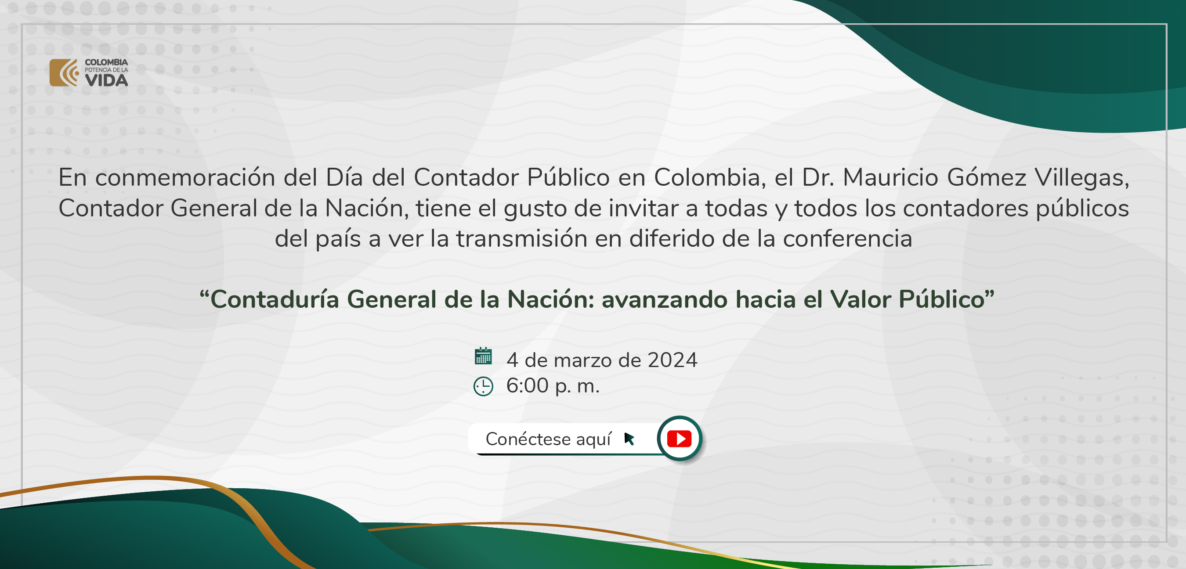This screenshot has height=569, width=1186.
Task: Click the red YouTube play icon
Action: click(679, 439)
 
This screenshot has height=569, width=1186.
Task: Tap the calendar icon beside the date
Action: click(483, 357)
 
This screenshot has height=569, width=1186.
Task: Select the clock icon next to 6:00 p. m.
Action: click(483, 386)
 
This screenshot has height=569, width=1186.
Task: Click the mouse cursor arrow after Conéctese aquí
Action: click(629, 439)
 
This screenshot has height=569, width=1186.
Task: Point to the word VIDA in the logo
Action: click(106, 80)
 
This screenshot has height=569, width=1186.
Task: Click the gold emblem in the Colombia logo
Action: click(64, 72)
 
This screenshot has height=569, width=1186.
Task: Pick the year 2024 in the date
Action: click(672, 360)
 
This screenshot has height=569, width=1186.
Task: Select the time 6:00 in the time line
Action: click(527, 386)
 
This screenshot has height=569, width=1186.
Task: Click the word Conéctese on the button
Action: click(528, 439)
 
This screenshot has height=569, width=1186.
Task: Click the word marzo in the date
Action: click(586, 360)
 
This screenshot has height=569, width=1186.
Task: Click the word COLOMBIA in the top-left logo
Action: click(106, 62)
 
